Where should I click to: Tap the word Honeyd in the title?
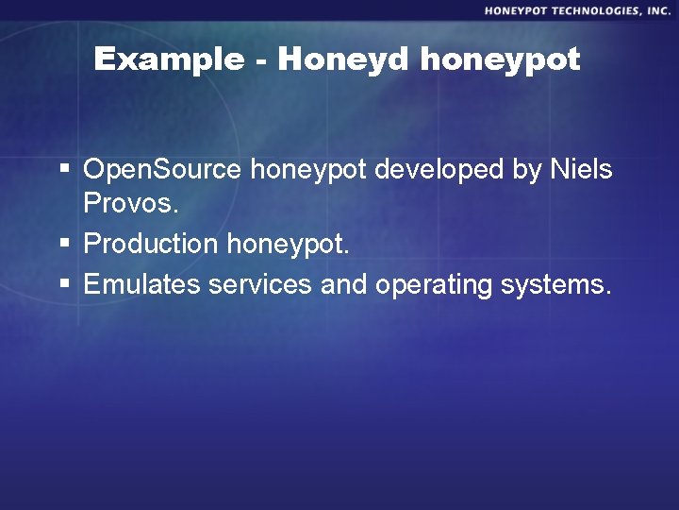click(343, 59)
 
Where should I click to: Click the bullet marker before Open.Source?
click(64, 171)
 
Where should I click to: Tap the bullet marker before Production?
click(64, 244)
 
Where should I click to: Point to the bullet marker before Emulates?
click(64, 283)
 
